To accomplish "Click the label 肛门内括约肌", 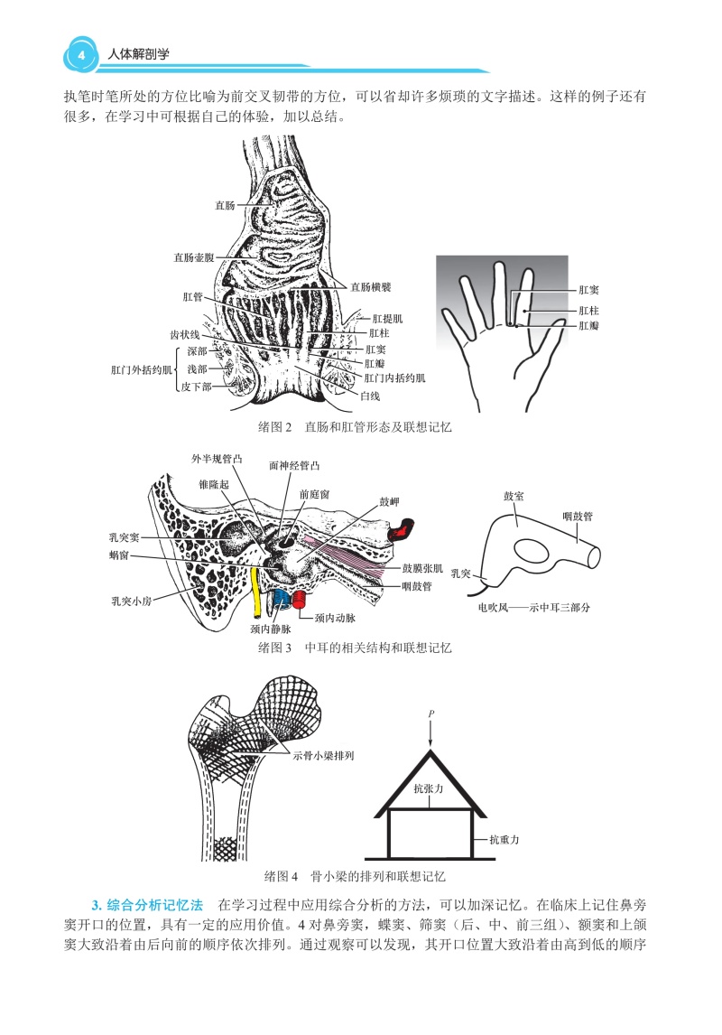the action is point(395,378).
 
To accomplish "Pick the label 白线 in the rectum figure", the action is point(370,396).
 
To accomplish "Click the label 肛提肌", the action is point(387,319).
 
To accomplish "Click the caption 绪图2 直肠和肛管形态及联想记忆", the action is point(355,427).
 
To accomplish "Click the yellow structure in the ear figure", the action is point(256,591).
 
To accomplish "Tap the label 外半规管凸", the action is point(217,459).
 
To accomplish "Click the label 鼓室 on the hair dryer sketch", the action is point(514,496).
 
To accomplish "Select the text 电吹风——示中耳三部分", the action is point(534,608).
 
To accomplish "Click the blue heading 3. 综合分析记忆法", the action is point(149,905).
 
